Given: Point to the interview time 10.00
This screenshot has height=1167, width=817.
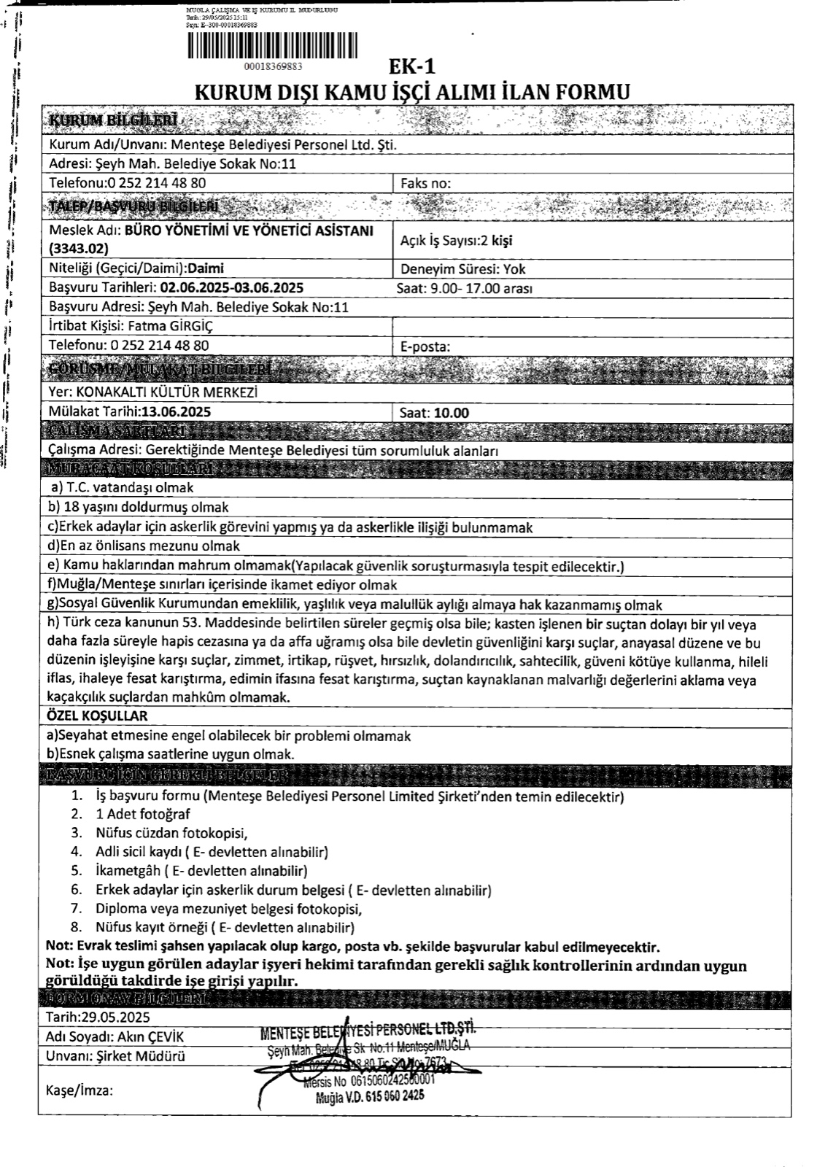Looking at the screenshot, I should click(x=452, y=413).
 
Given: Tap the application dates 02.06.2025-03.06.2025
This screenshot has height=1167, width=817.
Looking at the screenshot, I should click(x=232, y=287).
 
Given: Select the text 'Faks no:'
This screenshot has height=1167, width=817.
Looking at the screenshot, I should click(x=426, y=183).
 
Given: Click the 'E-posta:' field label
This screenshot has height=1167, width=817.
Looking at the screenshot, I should click(x=426, y=346).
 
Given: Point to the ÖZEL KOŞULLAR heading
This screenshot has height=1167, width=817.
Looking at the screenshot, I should click(x=97, y=716).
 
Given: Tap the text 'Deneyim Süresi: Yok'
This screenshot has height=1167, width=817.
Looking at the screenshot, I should click(x=463, y=268).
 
